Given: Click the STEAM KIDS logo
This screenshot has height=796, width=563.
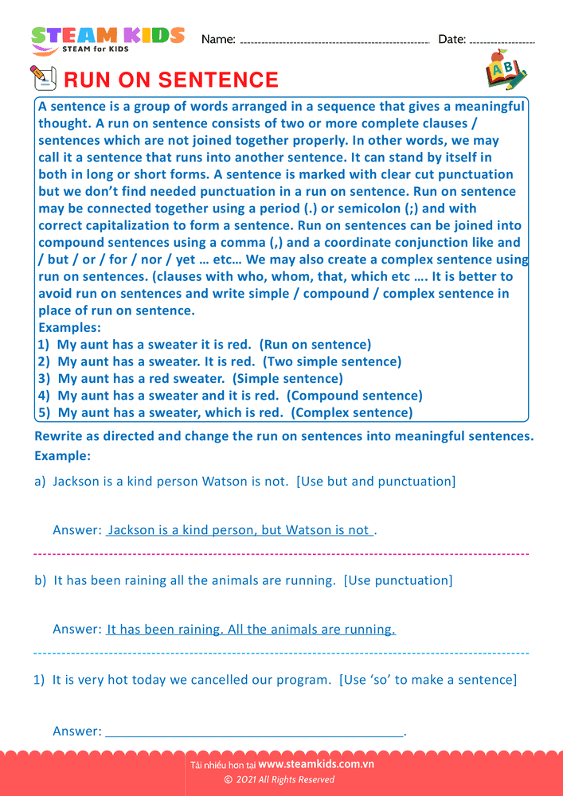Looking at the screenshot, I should click(x=108, y=39).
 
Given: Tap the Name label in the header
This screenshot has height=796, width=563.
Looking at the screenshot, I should click(x=218, y=39).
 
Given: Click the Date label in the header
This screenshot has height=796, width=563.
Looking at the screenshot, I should click(x=452, y=39).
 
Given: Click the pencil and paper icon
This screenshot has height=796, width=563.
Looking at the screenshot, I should click(x=43, y=78).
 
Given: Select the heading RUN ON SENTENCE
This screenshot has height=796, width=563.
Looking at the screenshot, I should click(x=170, y=80).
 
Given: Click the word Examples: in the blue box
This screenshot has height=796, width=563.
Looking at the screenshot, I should click(x=68, y=327).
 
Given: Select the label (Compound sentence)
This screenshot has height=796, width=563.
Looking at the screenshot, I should click(x=354, y=396).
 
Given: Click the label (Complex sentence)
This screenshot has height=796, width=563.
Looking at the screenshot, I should click(x=352, y=412).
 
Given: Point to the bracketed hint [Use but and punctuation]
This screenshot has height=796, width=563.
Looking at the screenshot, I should click(x=376, y=482).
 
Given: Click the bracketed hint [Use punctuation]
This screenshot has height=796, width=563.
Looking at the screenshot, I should click(x=398, y=580).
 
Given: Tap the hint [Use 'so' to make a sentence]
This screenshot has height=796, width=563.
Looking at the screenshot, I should click(x=428, y=680).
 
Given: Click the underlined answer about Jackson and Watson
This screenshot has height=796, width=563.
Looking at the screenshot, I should click(x=239, y=530).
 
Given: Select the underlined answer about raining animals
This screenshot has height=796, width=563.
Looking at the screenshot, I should click(x=251, y=630).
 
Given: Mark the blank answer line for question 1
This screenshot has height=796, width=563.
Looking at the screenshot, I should click(x=255, y=732).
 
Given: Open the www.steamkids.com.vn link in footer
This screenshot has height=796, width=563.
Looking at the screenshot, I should click(x=316, y=764).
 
